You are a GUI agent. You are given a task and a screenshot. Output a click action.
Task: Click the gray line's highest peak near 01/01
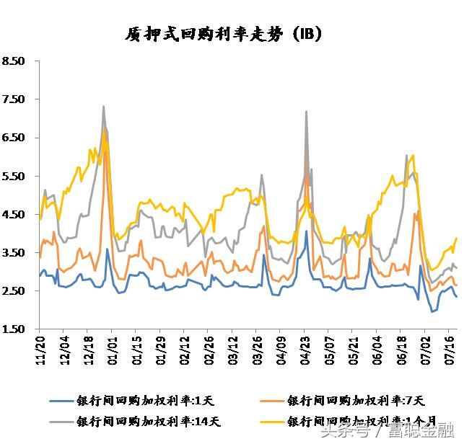(104, 107)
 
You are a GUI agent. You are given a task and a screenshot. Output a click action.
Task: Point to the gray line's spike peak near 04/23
(307, 112)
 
